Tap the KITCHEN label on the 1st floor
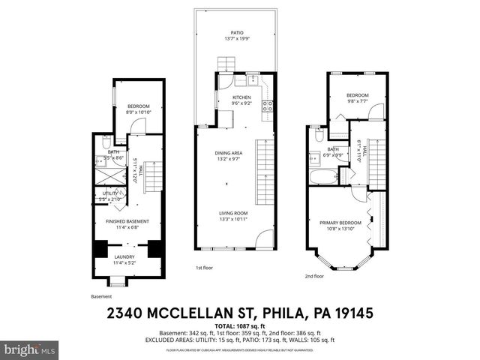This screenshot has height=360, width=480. pos(241,98)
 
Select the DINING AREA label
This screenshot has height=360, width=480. pos(230,154)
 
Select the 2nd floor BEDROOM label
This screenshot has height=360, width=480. pos(357,95)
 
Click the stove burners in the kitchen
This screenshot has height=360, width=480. pos(265,106)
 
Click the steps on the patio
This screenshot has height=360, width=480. pos(226,63)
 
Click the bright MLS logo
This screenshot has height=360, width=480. pos(29,350)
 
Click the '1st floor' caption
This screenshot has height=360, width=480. pos(204,268)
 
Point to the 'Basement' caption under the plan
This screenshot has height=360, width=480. pos(101,295)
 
